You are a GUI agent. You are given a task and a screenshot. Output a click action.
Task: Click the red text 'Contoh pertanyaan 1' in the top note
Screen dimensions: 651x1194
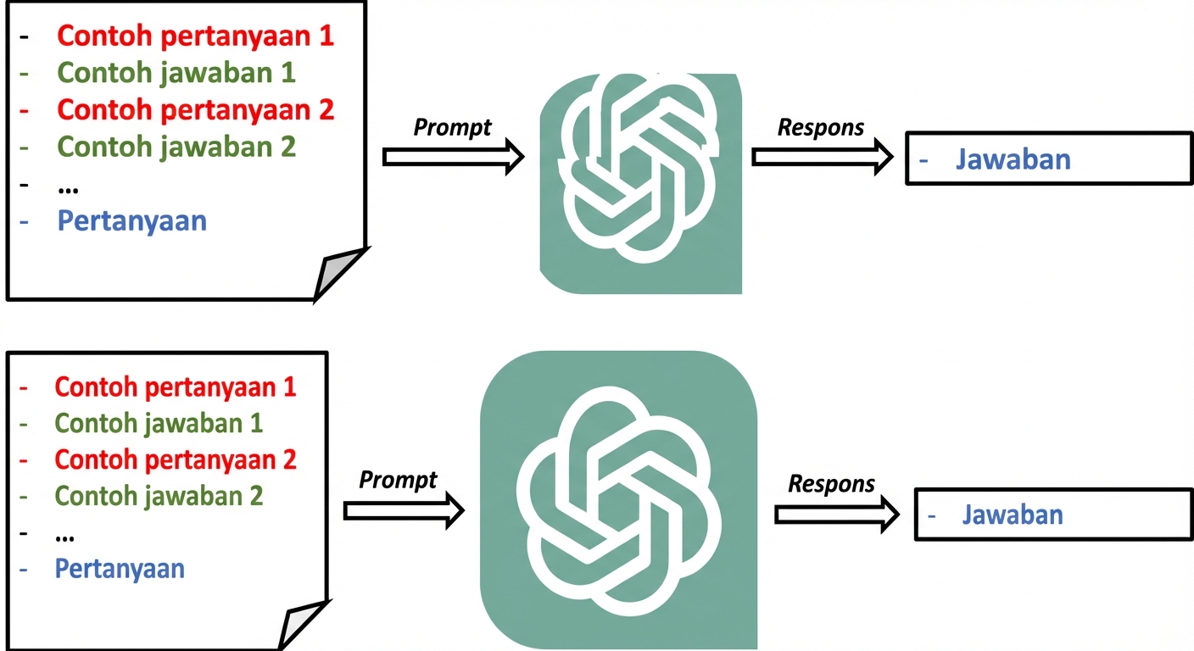(195, 36)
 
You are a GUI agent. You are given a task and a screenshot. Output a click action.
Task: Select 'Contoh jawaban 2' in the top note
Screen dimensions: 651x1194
(176, 147)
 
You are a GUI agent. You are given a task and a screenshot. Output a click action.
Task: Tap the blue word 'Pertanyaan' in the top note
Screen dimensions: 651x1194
(132, 221)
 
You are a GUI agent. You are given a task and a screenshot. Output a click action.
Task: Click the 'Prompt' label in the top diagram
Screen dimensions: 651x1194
(453, 127)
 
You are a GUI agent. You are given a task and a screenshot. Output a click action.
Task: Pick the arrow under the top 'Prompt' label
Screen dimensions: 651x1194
(453, 157)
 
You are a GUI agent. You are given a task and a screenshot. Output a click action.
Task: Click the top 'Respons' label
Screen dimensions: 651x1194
(821, 127)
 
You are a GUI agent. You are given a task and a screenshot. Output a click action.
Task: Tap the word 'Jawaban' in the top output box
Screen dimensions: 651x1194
(1013, 159)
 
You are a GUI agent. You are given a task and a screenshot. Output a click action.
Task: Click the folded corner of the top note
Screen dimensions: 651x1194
(339, 275)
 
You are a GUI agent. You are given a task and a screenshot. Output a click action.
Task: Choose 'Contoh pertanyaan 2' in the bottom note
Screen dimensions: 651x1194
(176, 459)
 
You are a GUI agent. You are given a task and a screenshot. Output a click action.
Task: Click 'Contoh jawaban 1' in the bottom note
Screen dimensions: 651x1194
(159, 422)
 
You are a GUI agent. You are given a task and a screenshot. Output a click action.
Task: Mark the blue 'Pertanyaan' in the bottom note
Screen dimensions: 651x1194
(120, 568)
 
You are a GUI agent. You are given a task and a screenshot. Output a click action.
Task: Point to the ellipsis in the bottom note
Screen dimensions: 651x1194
(64, 535)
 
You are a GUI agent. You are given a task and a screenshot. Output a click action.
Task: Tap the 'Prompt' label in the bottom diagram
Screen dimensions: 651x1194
(398, 480)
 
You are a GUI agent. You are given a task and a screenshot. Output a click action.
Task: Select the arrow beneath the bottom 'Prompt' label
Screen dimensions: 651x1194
(404, 510)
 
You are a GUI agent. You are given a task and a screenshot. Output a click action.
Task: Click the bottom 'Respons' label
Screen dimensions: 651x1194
(831, 484)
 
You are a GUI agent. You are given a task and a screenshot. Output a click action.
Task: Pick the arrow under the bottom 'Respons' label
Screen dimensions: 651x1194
(836, 515)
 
